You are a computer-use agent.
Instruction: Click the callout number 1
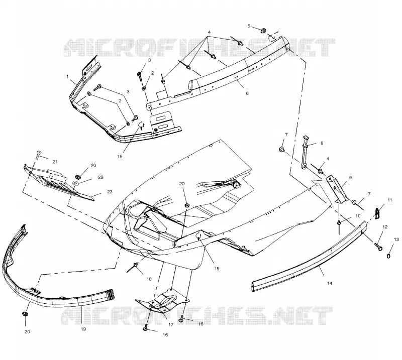coord(67,76)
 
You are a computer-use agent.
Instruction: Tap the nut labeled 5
coord(263,31)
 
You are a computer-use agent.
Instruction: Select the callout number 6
coord(247,93)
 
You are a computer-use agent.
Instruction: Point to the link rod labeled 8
coord(305,153)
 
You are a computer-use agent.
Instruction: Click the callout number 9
coord(350,177)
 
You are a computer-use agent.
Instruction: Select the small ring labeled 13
coord(388,256)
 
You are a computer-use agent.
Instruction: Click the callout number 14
coord(330,283)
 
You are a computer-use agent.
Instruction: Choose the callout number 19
coord(83,329)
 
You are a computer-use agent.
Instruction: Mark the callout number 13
coord(396,239)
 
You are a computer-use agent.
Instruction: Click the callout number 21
coord(55,162)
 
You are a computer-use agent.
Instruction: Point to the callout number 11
coord(390,200)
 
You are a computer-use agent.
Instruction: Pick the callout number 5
coord(249,26)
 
